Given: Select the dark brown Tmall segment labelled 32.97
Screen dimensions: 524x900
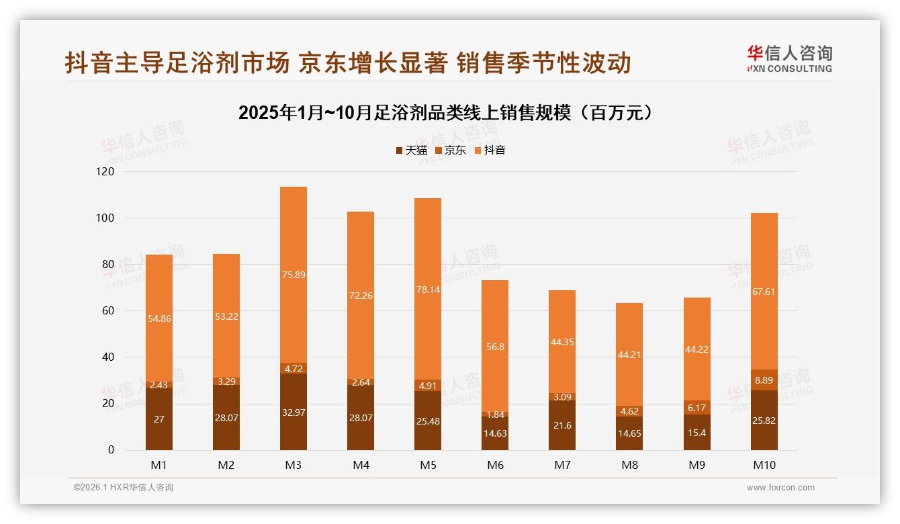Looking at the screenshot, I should tap(294, 412).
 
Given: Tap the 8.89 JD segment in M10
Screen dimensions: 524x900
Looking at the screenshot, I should tap(764, 380).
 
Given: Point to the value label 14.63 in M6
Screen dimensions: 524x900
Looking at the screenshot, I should tap(495, 434).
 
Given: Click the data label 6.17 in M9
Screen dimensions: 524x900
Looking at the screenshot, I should tap(697, 408).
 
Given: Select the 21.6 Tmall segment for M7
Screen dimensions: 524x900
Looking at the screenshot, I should tap(562, 426).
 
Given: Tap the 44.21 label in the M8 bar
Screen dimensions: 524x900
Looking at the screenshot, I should tap(629, 355).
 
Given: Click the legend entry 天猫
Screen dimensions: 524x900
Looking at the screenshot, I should tap(411, 150).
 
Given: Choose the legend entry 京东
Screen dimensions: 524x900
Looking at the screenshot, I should tap(451, 150).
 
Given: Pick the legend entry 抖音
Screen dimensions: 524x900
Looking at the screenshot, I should tap(490, 150).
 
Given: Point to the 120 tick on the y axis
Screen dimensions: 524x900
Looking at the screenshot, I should tap(106, 172).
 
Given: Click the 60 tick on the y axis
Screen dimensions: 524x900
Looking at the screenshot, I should tap(107, 311).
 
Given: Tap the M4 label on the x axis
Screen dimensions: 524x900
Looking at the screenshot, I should tap(361, 465).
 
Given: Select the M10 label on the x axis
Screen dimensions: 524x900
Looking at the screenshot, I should tap(764, 465).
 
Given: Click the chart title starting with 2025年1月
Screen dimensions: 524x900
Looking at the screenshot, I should tap(445, 113).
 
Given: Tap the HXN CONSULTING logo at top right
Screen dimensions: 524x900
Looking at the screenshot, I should tap(789, 59).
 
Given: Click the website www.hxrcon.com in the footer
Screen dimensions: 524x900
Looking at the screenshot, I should tap(780, 488).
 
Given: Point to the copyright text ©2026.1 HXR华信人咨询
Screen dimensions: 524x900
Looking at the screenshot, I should tap(124, 488).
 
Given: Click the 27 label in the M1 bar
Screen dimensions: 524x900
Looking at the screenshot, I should tap(159, 419).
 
